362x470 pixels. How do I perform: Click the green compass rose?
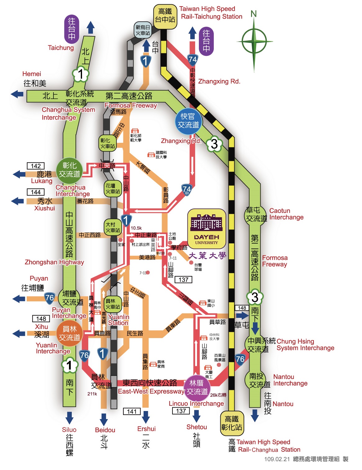pyautogui.click(x=254, y=41)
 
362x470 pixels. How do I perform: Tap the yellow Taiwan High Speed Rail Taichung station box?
pyautogui.click(x=165, y=16)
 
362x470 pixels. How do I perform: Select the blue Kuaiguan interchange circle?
pyautogui.click(x=188, y=121)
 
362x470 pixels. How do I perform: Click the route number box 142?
pyautogui.click(x=36, y=166)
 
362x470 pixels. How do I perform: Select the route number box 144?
pyautogui.click(x=36, y=192)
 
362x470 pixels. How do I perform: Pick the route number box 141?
pyautogui.click(x=132, y=411)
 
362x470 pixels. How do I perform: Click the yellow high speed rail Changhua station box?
pyautogui.click(x=232, y=423)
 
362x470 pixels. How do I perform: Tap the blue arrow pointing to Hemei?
pyautogui.click(x=17, y=94)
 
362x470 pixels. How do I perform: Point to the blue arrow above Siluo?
pyautogui.click(x=69, y=417)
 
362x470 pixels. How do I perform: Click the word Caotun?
pyautogui.click(x=280, y=211)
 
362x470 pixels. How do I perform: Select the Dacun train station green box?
pyautogui.click(x=112, y=227)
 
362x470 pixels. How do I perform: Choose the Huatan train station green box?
pyautogui.click(x=112, y=188)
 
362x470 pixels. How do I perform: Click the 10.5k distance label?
pyautogui.click(x=136, y=228)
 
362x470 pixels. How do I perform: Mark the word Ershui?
pyautogui.click(x=146, y=429)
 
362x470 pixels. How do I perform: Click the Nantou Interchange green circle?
pyautogui.click(x=257, y=380)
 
